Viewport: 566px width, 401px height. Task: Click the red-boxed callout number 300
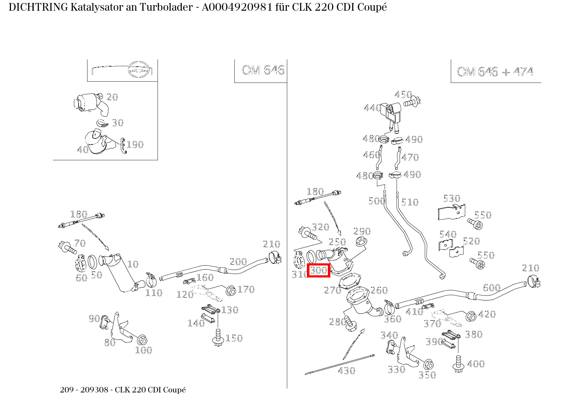click(x=318, y=270)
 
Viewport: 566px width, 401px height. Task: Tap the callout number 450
click(x=403, y=94)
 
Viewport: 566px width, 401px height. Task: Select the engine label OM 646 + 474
click(x=495, y=71)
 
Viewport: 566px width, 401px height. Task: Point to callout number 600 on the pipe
click(x=491, y=288)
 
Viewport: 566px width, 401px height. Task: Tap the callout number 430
click(x=346, y=371)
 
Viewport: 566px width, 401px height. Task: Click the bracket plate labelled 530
click(x=451, y=212)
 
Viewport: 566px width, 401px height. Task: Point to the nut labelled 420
click(x=470, y=316)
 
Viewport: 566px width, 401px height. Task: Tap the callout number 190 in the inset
click(x=134, y=144)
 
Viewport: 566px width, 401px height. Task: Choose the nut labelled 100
click(x=142, y=340)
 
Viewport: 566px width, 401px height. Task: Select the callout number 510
click(x=410, y=202)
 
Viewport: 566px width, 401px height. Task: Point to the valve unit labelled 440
click(x=392, y=112)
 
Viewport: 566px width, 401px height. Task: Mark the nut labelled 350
click(x=428, y=365)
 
